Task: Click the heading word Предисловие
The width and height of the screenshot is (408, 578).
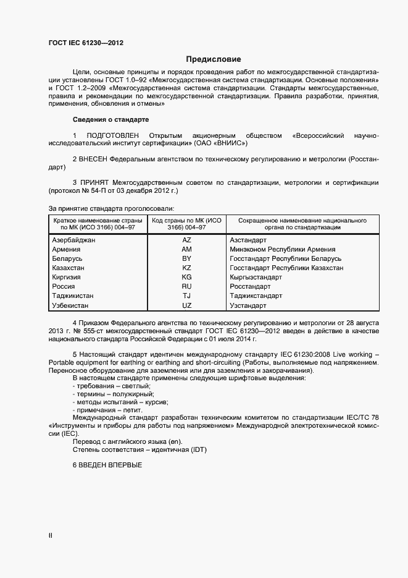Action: [214, 59]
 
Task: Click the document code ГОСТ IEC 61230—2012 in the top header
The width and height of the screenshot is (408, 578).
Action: [90, 43]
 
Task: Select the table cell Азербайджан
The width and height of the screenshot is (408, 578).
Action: [74, 239]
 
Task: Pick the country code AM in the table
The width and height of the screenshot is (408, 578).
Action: [186, 249]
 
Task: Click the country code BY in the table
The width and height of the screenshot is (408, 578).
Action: [186, 258]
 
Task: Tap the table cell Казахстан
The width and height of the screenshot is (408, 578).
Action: [69, 268]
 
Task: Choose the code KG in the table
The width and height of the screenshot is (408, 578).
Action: [186, 278]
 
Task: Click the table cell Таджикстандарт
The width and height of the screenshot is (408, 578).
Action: [256, 296]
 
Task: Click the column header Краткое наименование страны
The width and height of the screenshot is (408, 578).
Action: [98, 221]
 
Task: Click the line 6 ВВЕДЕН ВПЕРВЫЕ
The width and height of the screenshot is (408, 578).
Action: [107, 465]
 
